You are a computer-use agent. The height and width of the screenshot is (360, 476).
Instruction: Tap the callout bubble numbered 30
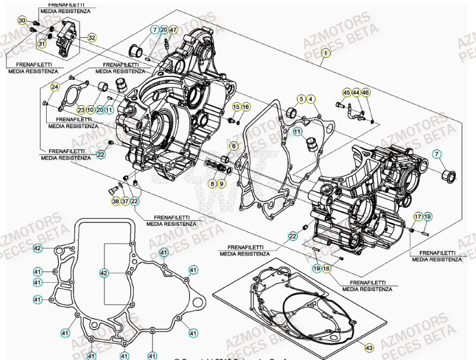point(22,20)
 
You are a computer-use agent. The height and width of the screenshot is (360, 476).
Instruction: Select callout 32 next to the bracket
point(92,38)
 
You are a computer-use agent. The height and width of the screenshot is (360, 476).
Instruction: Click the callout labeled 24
point(55,87)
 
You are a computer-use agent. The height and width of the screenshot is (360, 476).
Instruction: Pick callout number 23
point(80,109)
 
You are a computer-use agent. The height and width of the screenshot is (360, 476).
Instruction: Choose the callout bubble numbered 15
point(236,107)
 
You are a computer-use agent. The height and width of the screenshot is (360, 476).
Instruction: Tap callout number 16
point(246,107)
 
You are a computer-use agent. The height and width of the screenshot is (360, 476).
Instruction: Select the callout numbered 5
point(302,99)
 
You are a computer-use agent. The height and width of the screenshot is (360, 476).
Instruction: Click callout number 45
point(347,93)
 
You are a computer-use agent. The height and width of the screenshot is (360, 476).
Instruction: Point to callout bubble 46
point(366,93)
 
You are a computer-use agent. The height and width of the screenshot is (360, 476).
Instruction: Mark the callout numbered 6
point(233,146)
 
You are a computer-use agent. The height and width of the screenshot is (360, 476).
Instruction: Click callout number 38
point(115,201)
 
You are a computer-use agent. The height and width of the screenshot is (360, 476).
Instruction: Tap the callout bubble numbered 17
point(418,217)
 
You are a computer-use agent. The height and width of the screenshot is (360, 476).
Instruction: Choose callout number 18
point(326,268)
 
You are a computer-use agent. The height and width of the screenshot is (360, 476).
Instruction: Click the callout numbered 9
point(222,184)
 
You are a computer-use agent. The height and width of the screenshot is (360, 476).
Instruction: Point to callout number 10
point(90,109)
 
